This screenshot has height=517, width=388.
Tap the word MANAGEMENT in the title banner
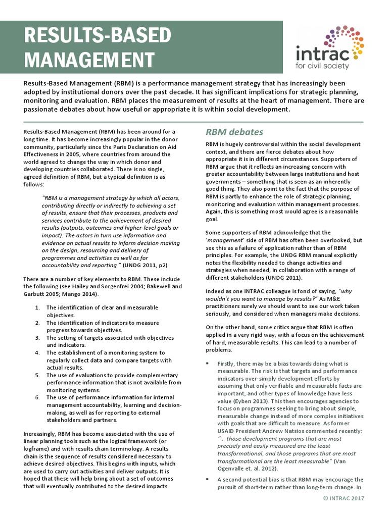point(88,60)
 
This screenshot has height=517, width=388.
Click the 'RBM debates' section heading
point(234,132)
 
